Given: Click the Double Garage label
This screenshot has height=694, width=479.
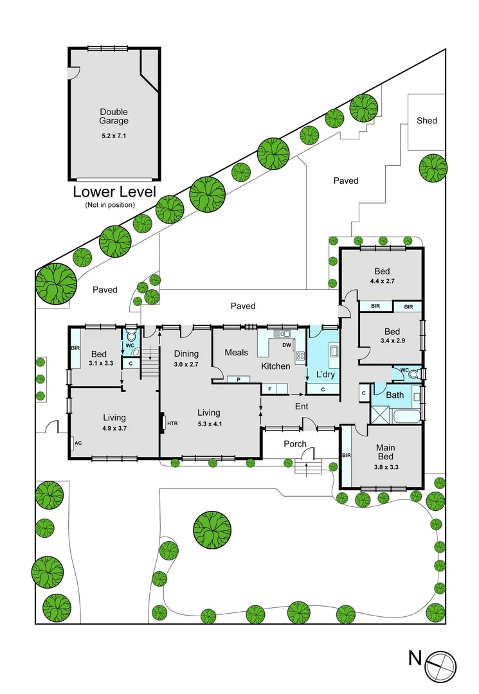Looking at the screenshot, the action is pos(114,116).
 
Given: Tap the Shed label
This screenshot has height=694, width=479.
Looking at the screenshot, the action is pos(427,120).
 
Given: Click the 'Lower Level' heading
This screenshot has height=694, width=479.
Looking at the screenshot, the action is pos(114,191).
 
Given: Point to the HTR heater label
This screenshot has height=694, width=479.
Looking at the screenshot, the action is pos(173,423).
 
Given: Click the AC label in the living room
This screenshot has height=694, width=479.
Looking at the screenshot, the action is pos(78,443).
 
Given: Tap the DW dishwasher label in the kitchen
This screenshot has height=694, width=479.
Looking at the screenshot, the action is pos(287,345).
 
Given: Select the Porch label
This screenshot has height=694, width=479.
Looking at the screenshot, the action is pos(295,444).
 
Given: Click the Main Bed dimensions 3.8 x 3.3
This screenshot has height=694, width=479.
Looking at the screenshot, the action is pos(386,467).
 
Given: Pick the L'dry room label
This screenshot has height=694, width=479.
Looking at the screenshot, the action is pos(325,375).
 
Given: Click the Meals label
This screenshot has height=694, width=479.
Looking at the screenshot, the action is pos(237,352).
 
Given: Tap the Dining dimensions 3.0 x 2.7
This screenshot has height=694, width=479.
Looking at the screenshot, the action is pos(186,364).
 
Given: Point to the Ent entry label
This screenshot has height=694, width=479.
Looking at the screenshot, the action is pos(302,406).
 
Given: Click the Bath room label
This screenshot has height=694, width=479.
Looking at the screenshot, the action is pos(395,395).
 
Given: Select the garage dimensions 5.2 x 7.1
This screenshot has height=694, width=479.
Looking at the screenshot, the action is pos(114,136).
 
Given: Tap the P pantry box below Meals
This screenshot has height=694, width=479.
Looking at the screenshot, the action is pos(238,379).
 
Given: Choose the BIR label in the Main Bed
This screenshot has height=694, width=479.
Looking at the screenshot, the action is pos(346,455).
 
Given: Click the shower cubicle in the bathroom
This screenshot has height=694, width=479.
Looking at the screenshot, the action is pos(380,415).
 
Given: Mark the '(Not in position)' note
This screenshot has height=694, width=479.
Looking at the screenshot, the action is pos(110,205).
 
